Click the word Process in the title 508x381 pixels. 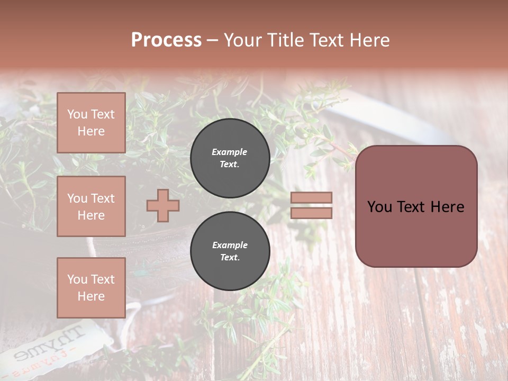(x=166, y=40)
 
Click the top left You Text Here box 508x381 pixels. (x=91, y=123)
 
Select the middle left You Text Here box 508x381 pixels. (x=91, y=206)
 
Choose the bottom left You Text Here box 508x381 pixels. (x=91, y=288)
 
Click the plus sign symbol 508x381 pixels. (x=162, y=205)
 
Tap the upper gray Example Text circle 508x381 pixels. (x=230, y=158)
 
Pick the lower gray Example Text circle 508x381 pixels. (x=230, y=251)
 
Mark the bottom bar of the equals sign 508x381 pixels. (x=311, y=213)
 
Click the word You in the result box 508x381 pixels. (x=379, y=207)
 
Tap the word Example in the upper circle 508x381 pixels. (x=229, y=152)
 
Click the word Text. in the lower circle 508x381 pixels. (x=230, y=258)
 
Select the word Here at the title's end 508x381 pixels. (x=368, y=40)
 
